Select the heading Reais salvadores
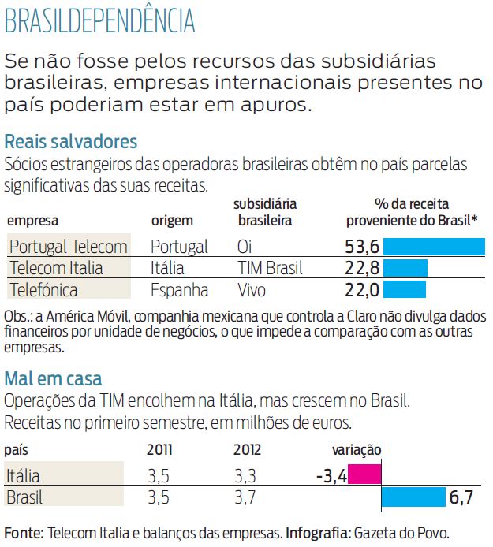71,142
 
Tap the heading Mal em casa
53,378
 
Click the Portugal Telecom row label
68,247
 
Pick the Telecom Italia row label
56,268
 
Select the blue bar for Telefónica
403,290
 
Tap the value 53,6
362,246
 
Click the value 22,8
362,268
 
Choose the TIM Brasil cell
270,268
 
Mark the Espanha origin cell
179,290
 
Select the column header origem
172,221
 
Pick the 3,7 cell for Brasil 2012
246,498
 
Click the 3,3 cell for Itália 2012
246,476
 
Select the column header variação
357,450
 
